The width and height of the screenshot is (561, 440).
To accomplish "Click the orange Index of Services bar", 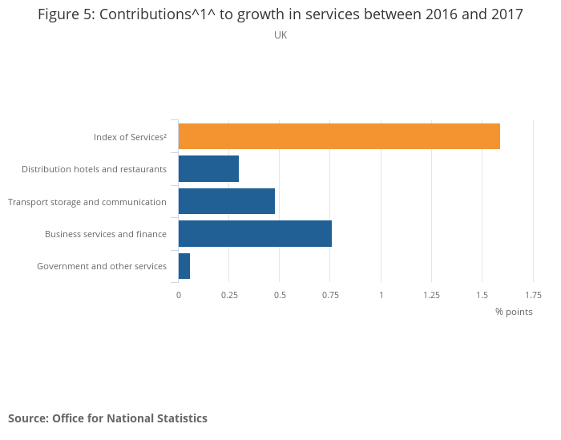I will pyautogui.click(x=339, y=136).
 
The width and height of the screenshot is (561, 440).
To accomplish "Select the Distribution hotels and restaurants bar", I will pyautogui.click(x=208, y=169).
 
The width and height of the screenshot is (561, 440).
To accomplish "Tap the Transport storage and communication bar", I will pyautogui.click(x=227, y=201).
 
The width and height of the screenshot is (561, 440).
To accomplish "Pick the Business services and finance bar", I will pyautogui.click(x=255, y=233).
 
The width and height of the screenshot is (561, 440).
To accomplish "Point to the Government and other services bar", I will pyautogui.click(x=184, y=266).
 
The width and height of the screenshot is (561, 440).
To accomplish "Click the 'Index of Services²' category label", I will pyautogui.click(x=130, y=137).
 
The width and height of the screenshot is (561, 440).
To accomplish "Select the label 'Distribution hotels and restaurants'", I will pyautogui.click(x=94, y=169).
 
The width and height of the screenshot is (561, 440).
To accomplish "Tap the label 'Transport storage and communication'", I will pyautogui.click(x=87, y=202).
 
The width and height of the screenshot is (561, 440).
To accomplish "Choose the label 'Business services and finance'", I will pyautogui.click(x=106, y=234).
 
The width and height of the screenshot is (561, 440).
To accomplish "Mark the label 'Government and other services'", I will pyautogui.click(x=102, y=266).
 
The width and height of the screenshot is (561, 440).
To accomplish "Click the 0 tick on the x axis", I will pyautogui.click(x=179, y=295).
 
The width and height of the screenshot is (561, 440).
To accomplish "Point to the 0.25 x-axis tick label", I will pyautogui.click(x=229, y=295).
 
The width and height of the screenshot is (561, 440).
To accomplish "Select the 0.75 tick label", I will pyautogui.click(x=330, y=295).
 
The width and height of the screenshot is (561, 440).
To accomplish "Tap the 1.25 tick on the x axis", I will pyautogui.click(x=431, y=295).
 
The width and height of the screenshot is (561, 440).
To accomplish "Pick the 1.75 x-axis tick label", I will pyautogui.click(x=533, y=295).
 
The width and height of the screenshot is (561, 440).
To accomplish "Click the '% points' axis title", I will pyautogui.click(x=514, y=312).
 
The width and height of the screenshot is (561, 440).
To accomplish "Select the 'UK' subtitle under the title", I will pyautogui.click(x=280, y=35).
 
